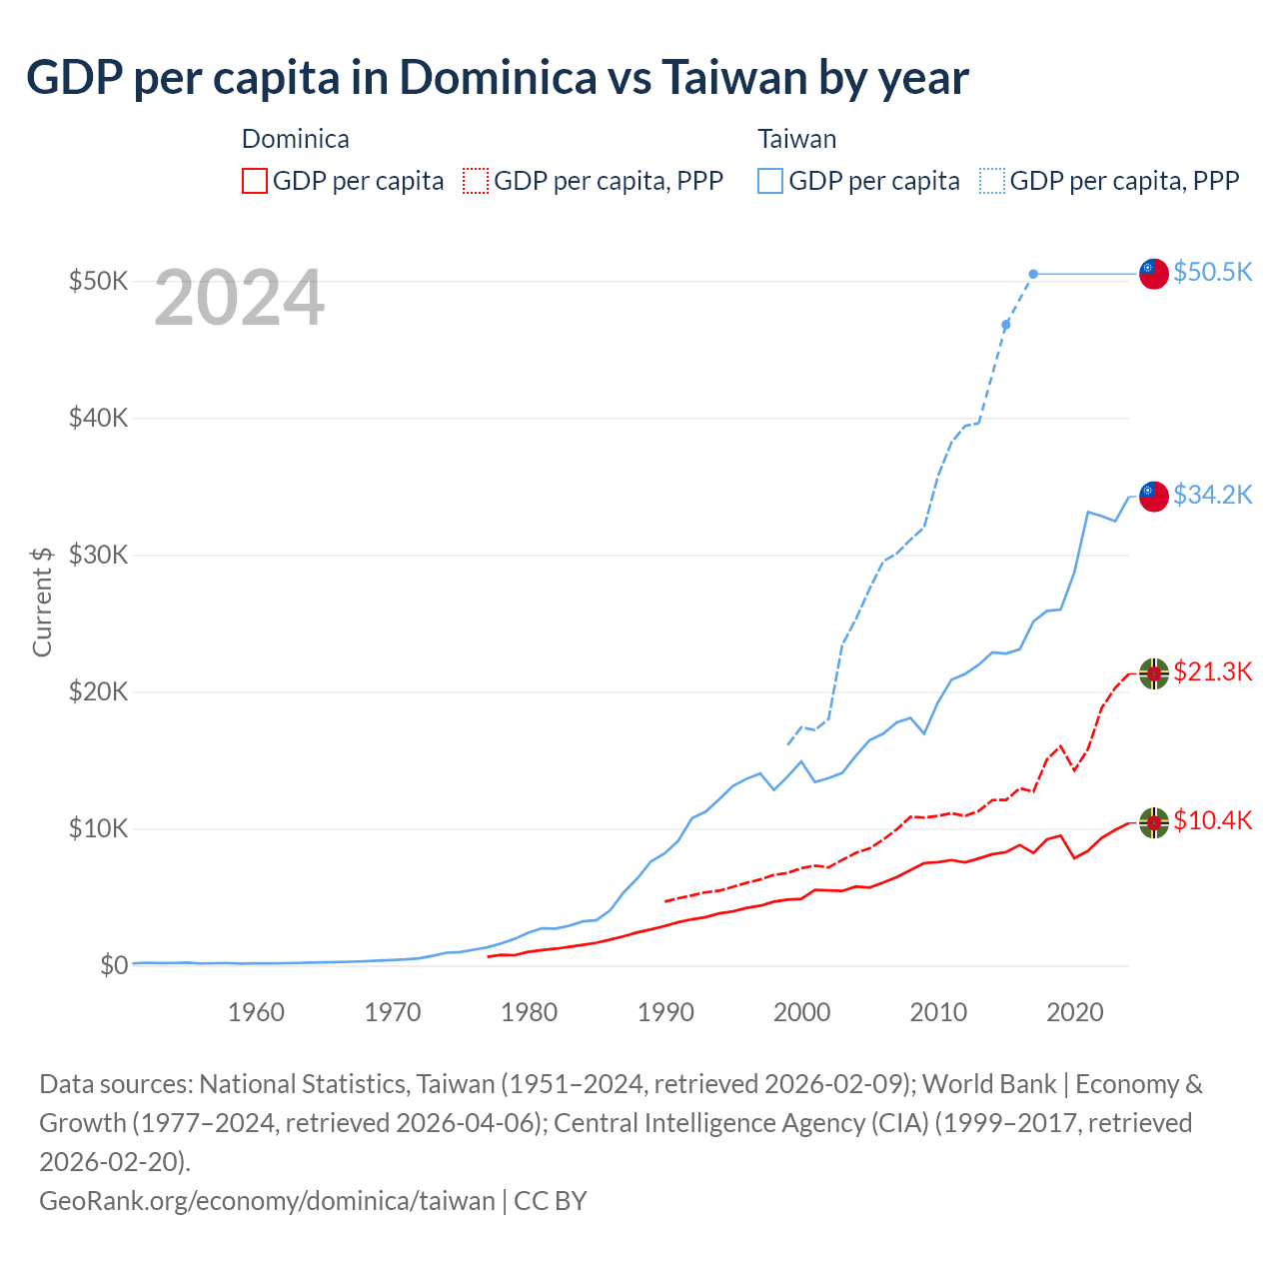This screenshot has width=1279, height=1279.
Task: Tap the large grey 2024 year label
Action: tap(239, 298)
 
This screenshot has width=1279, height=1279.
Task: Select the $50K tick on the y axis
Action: tap(98, 281)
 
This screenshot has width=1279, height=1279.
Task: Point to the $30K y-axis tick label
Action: tap(98, 555)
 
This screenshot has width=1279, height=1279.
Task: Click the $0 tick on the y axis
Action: tap(114, 965)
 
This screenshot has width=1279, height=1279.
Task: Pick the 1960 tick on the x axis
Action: tap(256, 1012)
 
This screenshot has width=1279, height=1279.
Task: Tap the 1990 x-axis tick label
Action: tap(665, 1012)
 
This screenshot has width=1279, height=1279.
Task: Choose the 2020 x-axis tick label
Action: tap(1074, 1012)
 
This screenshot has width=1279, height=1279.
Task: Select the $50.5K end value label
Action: tap(1212, 272)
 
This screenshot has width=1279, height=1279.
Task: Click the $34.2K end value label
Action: tap(1212, 495)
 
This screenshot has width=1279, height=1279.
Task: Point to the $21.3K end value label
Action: tap(1212, 671)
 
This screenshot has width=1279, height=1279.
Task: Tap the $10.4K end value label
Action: tap(1212, 820)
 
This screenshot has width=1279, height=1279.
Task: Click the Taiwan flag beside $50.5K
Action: tap(1154, 273)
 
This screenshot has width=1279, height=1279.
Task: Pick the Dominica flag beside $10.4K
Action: tap(1154, 822)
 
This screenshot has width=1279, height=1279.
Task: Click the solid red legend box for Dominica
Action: tap(255, 181)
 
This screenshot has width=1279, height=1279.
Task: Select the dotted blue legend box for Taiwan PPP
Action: tap(992, 181)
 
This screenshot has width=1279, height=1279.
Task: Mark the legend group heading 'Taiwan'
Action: tap(796, 139)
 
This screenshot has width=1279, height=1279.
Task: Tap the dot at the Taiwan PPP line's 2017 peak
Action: tap(1033, 274)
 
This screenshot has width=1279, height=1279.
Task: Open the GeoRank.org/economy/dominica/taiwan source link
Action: tap(267, 1200)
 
